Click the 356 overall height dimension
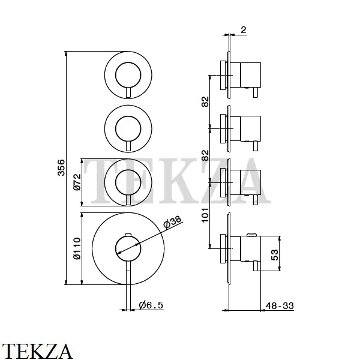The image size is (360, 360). coord(61,167)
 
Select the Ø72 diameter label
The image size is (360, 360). coord(77,182)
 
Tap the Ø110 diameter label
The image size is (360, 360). coord(77,248)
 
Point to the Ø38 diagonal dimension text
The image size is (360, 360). coord(172,222)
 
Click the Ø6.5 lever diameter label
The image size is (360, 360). coord(151,305)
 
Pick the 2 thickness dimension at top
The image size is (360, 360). coord(244,30)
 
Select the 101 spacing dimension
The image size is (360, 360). coord(205,215)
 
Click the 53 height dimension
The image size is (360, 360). coord(275,254)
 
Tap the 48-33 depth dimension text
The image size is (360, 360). coord(280,306)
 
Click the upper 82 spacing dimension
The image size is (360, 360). coord(205,102)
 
